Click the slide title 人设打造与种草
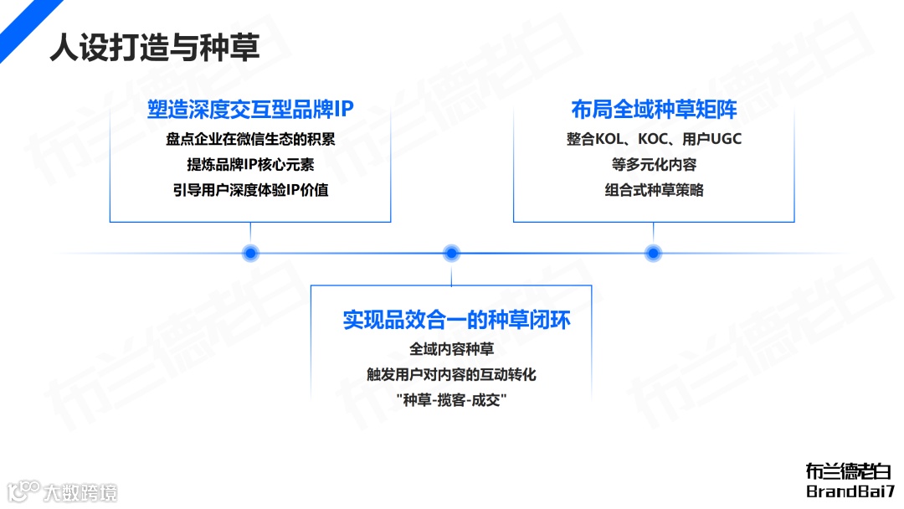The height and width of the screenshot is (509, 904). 154,47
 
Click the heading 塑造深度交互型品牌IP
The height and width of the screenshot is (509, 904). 251,110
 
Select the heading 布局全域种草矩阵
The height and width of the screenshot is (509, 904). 654,110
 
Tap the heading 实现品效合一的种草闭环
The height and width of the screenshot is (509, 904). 456,320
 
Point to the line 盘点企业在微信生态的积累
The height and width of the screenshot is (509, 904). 250,139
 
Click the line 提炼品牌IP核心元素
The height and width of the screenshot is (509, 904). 250,164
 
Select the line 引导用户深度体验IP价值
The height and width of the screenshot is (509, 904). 250,190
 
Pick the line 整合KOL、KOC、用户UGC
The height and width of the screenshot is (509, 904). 654,139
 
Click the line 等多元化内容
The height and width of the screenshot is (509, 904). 654,164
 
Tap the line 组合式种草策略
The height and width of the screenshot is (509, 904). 654,190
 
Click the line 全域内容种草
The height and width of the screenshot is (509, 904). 451,349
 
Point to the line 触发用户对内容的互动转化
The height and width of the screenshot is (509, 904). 451,374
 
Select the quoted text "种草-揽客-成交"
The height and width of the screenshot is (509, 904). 451,400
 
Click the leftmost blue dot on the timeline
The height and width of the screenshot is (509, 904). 249,253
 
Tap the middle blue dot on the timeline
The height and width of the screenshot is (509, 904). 452,253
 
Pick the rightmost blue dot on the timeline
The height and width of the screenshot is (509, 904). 654,253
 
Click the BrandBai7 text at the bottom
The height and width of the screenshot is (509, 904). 850,491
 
